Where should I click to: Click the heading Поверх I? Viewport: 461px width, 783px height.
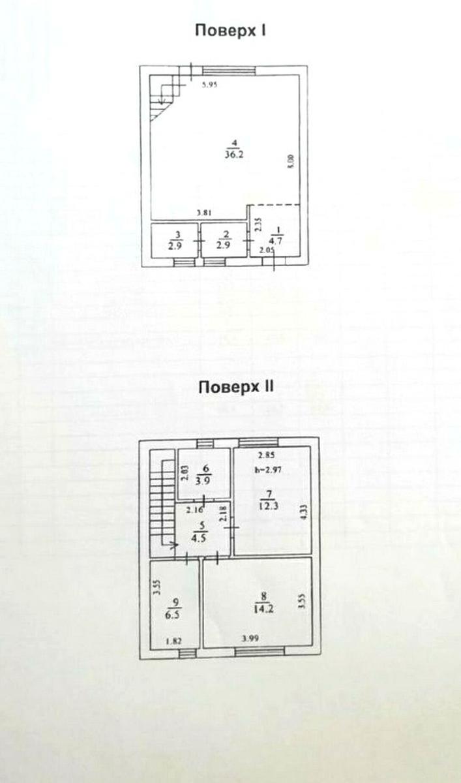click(x=230, y=30)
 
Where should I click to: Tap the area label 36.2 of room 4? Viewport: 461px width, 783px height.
click(x=230, y=155)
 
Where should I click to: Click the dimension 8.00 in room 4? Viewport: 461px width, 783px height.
click(x=291, y=161)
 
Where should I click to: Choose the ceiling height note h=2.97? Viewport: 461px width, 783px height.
click(x=267, y=469)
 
